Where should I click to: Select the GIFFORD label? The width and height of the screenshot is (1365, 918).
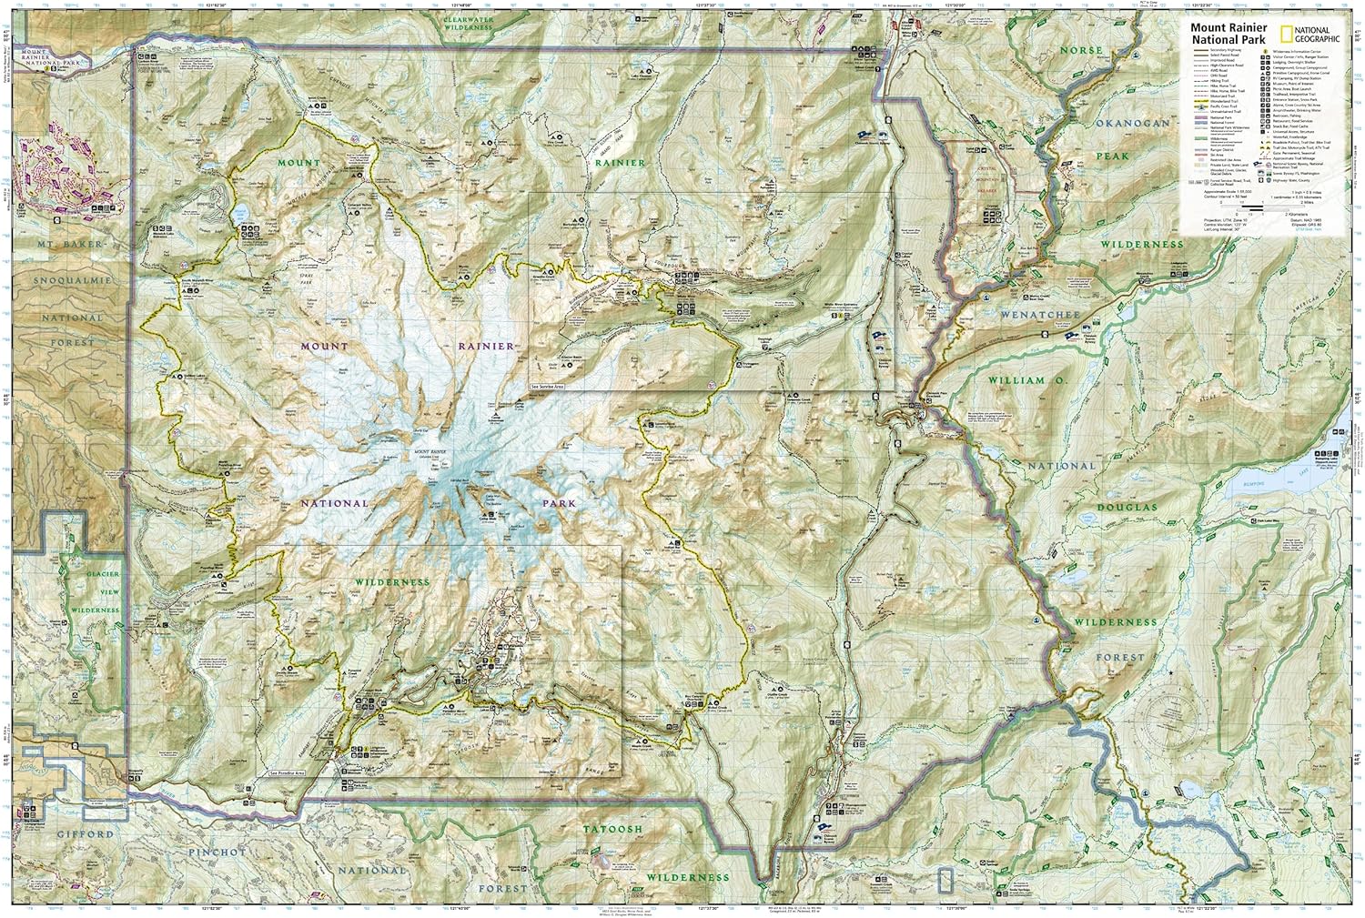click(x=87, y=833)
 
